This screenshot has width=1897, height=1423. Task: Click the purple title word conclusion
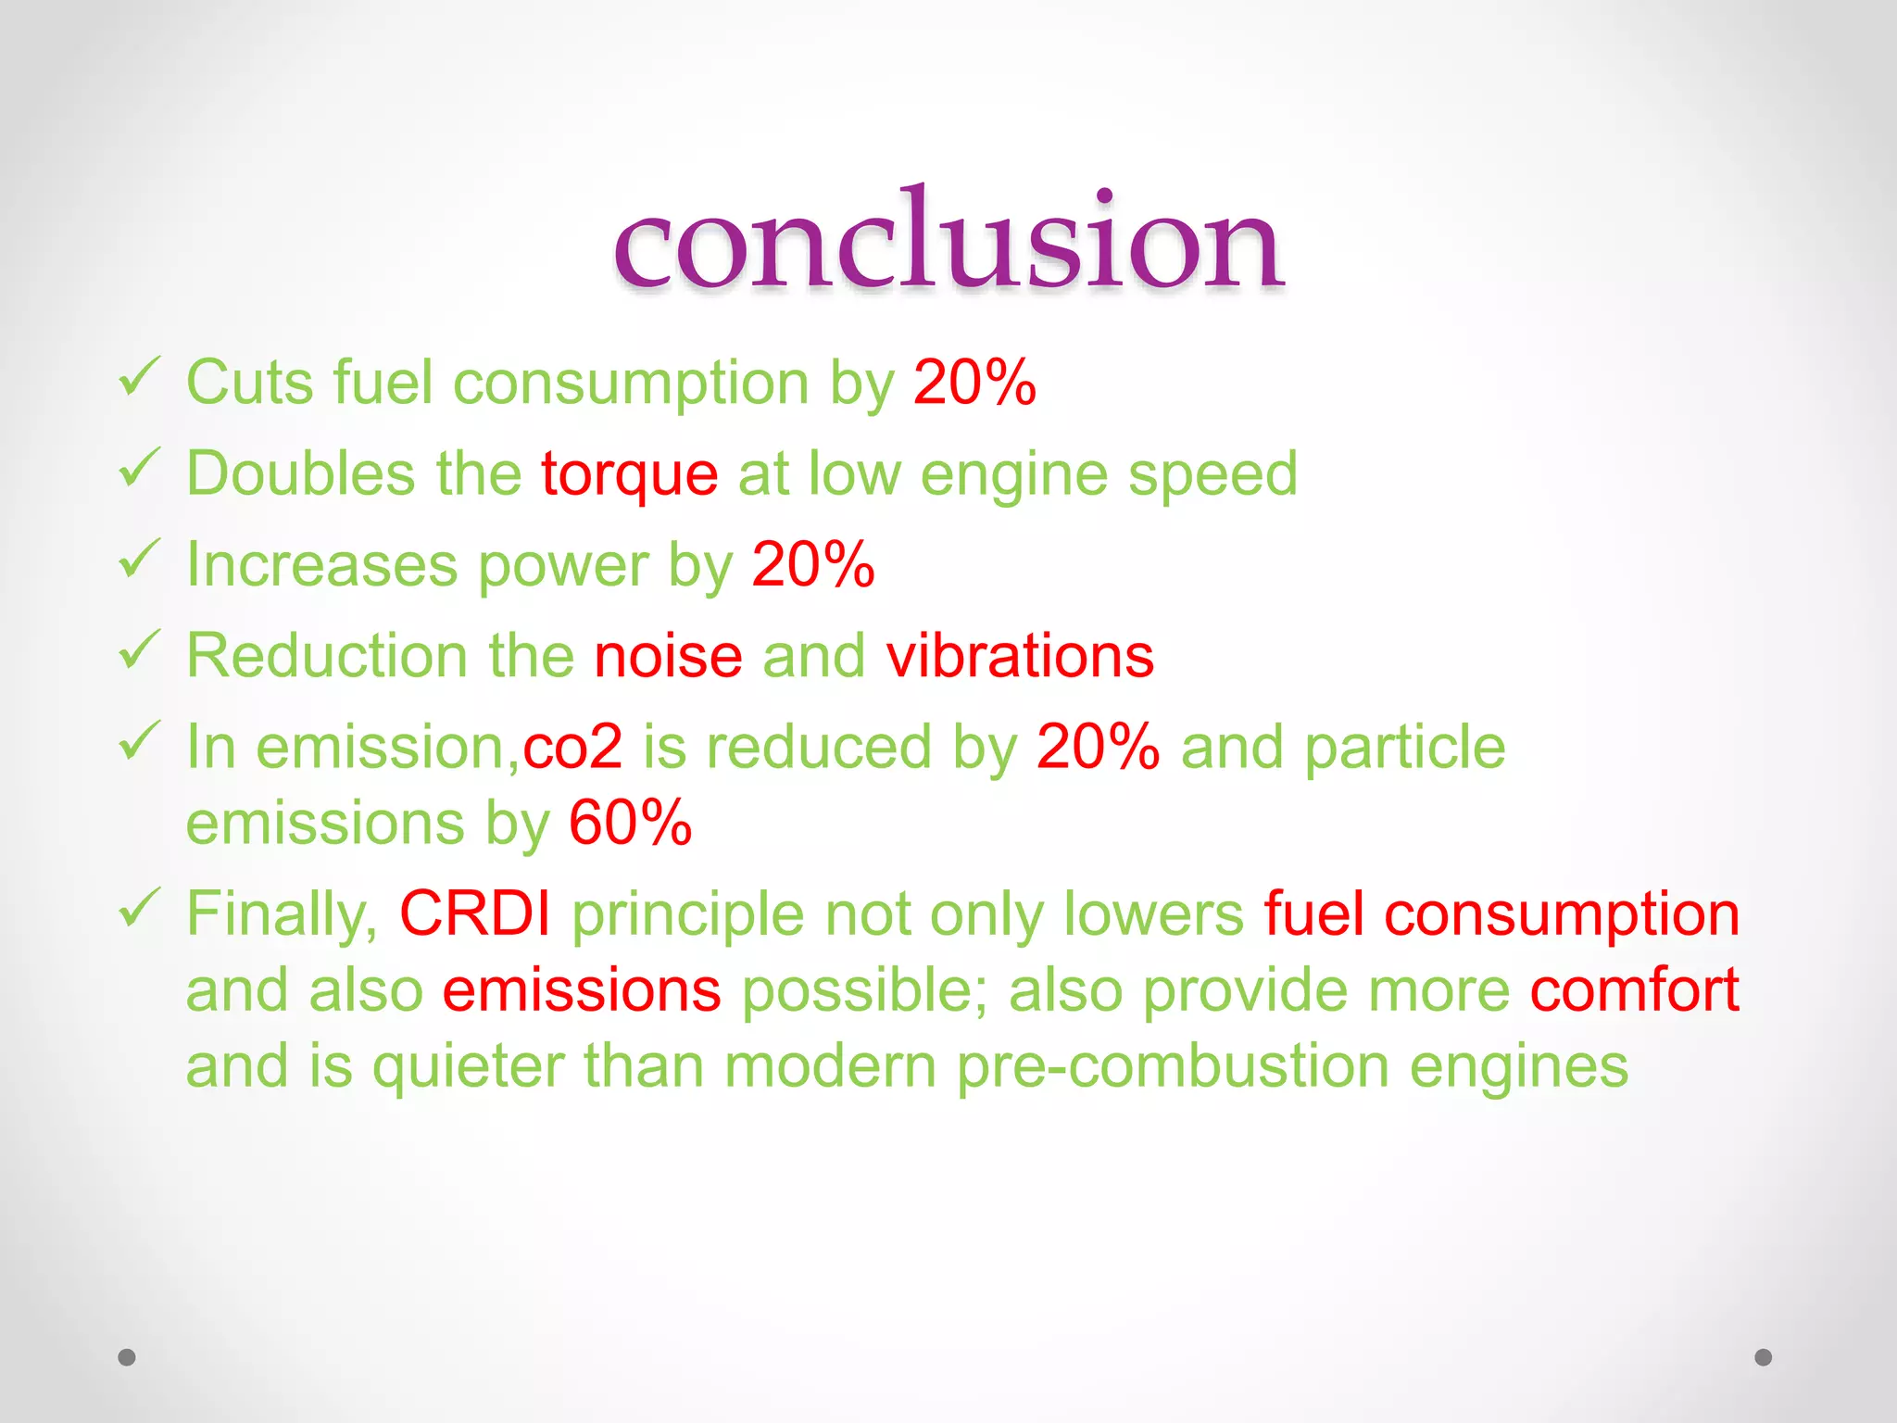click(948, 243)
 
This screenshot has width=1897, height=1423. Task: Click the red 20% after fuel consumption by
click(974, 382)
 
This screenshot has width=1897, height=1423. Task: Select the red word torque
click(629, 473)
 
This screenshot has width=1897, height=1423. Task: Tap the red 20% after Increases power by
click(813, 564)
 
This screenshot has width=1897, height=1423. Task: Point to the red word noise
click(668, 656)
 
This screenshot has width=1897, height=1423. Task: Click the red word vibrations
click(1020, 656)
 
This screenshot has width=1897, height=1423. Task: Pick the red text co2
click(572, 747)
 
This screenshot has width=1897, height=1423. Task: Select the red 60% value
click(630, 823)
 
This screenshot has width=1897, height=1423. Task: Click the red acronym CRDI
click(475, 913)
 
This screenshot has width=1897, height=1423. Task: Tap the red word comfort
click(1634, 989)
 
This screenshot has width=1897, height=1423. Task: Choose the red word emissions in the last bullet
click(582, 989)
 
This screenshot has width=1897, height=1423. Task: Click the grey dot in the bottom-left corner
click(127, 1357)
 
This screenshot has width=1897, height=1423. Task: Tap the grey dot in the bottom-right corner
click(1764, 1357)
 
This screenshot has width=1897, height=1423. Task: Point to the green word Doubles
click(300, 473)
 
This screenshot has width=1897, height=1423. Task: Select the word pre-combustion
click(1173, 1066)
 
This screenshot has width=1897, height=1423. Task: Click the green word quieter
click(468, 1066)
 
